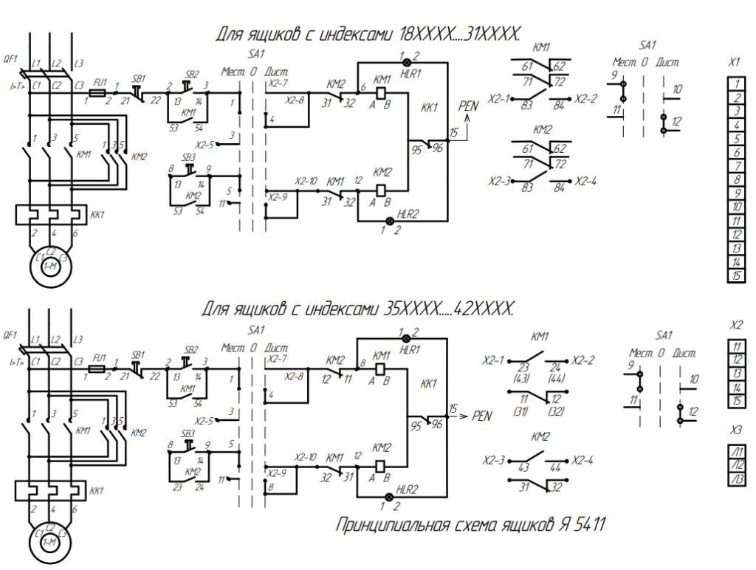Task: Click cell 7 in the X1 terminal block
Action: point(735,166)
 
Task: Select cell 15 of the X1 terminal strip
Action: point(735,276)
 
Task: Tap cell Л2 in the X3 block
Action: point(736,465)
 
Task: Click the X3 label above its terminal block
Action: point(735,430)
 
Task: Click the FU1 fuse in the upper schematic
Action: point(96,94)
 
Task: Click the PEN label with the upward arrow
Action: point(468,106)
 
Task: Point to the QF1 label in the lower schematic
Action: point(10,335)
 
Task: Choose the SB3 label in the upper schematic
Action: point(189,157)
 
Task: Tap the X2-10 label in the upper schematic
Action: point(306,181)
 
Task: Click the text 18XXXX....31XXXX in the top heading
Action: point(460,33)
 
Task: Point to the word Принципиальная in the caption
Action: point(393,526)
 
